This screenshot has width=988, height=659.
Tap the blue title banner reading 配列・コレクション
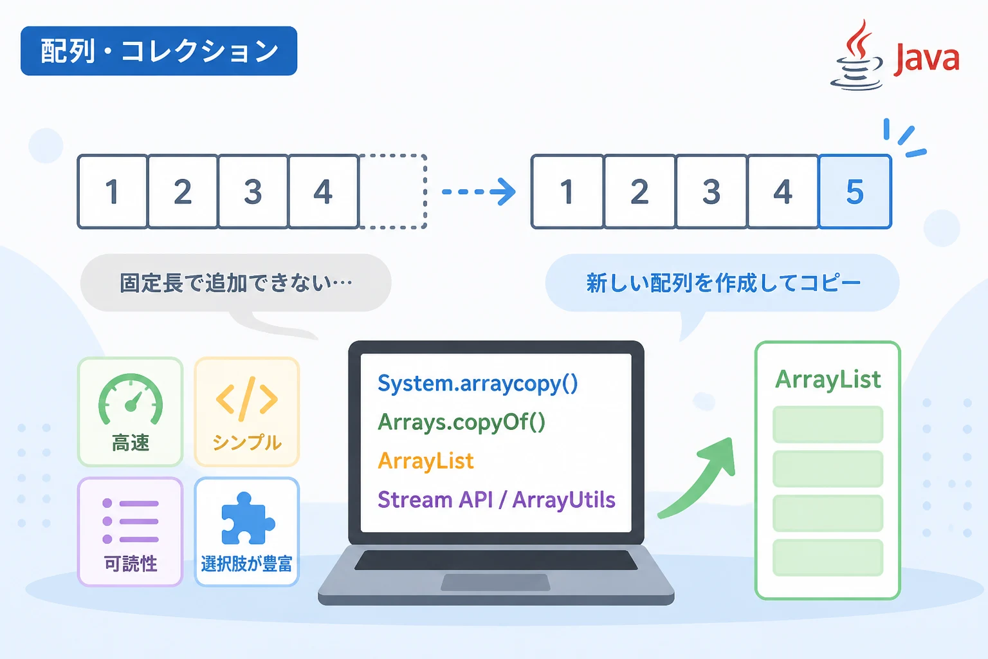coord(159,51)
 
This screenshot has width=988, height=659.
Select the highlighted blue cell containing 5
coord(855,192)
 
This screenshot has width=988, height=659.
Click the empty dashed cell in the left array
coord(393,192)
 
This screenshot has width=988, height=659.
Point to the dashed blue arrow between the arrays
coord(479,192)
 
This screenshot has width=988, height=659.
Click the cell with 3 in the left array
coord(253,192)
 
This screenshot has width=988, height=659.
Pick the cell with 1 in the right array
coord(568,192)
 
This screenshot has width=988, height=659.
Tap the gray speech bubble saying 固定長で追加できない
coord(236,283)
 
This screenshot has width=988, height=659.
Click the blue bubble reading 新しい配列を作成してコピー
coord(722,283)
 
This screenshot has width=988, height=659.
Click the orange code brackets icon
coord(247,399)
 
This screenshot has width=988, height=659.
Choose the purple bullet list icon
coord(131,521)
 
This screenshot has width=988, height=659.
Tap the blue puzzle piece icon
coord(248,519)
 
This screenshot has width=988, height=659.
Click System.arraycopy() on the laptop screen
coord(478,383)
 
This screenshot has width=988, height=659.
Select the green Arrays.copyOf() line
coord(461,422)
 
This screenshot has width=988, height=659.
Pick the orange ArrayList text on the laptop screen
coord(426,461)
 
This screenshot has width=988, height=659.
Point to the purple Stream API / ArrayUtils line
coord(497,500)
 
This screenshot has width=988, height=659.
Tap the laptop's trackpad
coord(496,582)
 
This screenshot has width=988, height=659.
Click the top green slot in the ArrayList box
coord(828,424)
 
